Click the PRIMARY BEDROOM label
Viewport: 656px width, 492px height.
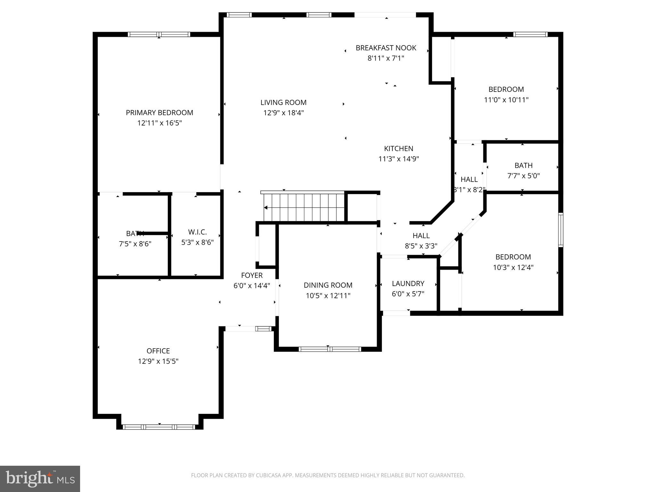159,113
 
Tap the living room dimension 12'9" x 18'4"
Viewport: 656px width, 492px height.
283,113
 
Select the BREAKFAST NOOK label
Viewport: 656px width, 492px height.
386,48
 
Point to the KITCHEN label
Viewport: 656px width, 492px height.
398,149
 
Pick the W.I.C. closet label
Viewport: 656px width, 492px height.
197,232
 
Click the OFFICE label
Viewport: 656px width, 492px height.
158,351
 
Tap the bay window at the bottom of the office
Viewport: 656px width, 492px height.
159,427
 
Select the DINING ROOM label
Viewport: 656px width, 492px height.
328,285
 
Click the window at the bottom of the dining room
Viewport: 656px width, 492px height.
330,349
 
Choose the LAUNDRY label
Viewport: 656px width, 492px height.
408,283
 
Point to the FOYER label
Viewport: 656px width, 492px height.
252,275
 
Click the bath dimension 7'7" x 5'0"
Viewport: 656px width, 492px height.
523,176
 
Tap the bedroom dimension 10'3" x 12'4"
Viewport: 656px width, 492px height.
513,267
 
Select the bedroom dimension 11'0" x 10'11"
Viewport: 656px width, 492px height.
506,100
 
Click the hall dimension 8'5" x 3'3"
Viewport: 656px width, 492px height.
421,246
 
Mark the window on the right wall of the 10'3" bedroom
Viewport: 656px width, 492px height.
561,230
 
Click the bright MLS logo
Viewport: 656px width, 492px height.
40,479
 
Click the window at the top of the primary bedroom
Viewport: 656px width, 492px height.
159,34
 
